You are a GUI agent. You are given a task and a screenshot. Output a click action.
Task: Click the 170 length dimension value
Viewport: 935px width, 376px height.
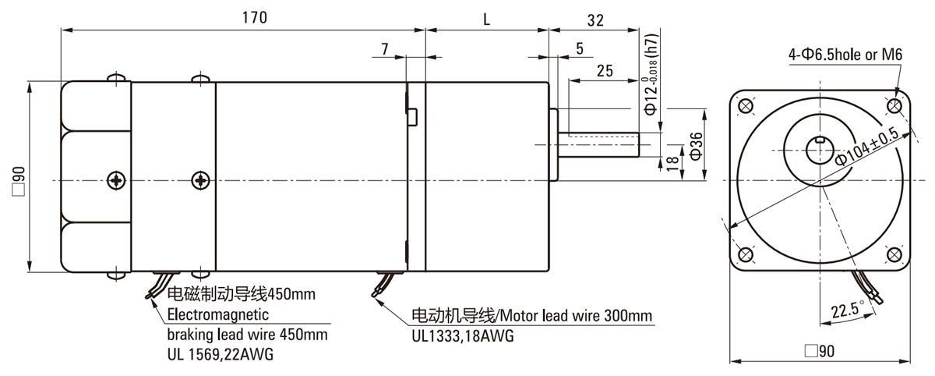(x=244, y=19)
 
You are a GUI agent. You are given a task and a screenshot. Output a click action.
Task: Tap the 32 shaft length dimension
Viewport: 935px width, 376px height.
(x=595, y=21)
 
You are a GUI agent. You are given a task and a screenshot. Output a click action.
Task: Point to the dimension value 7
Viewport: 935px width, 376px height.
(x=385, y=49)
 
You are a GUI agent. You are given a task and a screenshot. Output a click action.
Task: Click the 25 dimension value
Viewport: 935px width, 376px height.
(x=604, y=71)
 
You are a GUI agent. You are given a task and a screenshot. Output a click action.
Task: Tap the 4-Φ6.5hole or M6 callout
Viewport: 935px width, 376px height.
(x=845, y=55)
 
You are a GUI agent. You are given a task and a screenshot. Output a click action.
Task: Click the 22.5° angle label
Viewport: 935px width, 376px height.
(x=846, y=310)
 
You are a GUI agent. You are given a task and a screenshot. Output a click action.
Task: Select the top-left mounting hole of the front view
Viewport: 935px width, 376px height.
(x=745, y=105)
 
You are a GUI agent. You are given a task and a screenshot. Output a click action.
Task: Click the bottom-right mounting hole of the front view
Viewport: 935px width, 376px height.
(x=894, y=254)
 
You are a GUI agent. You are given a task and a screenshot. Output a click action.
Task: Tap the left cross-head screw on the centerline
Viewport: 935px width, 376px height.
(x=117, y=180)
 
